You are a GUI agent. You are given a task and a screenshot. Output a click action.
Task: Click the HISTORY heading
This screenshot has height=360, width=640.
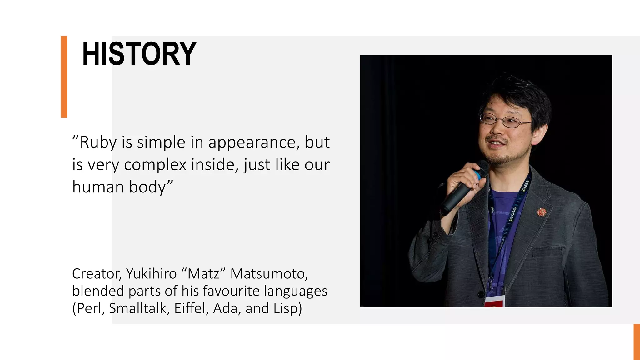(x=139, y=54)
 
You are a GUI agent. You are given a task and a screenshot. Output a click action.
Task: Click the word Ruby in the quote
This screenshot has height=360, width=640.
(x=98, y=142)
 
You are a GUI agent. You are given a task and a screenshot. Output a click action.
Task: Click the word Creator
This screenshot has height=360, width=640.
(x=97, y=274)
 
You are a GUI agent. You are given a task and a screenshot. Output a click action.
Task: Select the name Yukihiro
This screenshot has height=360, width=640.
(x=151, y=274)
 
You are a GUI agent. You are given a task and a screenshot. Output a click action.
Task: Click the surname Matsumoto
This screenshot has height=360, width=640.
(x=269, y=274)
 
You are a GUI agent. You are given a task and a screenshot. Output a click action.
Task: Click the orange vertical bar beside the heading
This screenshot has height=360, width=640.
(x=64, y=77)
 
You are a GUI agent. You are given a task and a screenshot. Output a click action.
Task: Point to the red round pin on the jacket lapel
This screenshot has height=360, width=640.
(x=542, y=212)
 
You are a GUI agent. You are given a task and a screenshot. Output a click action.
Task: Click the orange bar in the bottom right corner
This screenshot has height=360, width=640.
(x=637, y=342)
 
